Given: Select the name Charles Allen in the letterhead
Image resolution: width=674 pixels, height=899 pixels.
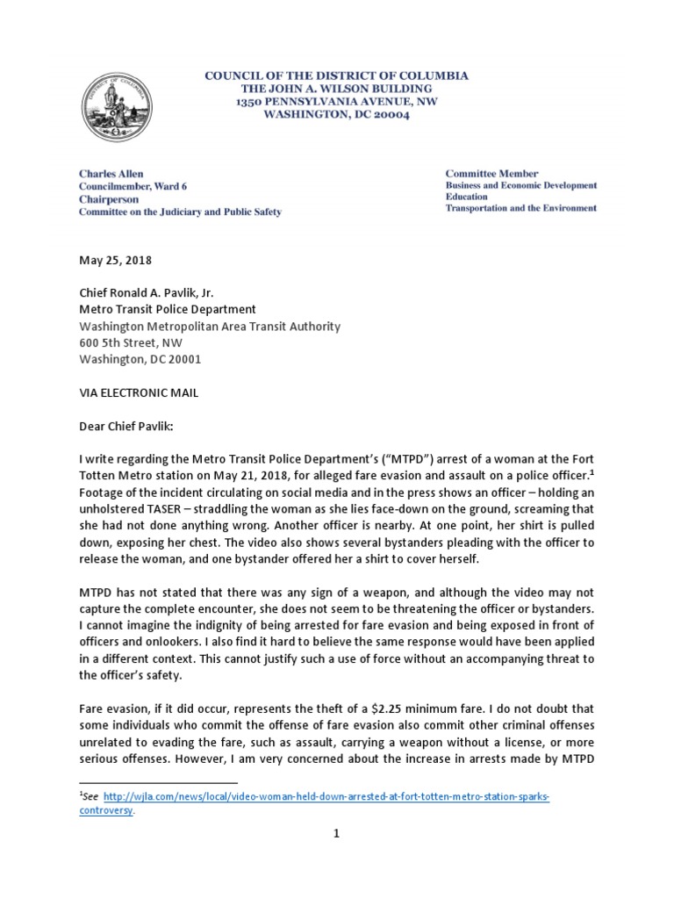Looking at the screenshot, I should pyautogui.click(x=111, y=174).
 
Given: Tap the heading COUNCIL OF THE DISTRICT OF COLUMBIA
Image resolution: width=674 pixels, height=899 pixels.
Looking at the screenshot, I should pyautogui.click(x=336, y=76).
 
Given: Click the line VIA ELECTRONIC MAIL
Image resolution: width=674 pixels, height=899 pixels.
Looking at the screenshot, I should pyautogui.click(x=139, y=392).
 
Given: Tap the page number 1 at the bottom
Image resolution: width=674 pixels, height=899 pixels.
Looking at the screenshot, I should pyautogui.click(x=335, y=858).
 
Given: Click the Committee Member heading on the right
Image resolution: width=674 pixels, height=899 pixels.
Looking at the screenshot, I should pyautogui.click(x=491, y=174).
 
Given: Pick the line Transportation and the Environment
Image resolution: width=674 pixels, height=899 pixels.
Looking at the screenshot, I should pyautogui.click(x=521, y=208).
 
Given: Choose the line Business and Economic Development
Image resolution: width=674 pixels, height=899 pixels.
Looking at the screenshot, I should pyautogui.click(x=521, y=186).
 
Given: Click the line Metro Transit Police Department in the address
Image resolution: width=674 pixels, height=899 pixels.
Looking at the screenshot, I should pyautogui.click(x=167, y=310).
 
